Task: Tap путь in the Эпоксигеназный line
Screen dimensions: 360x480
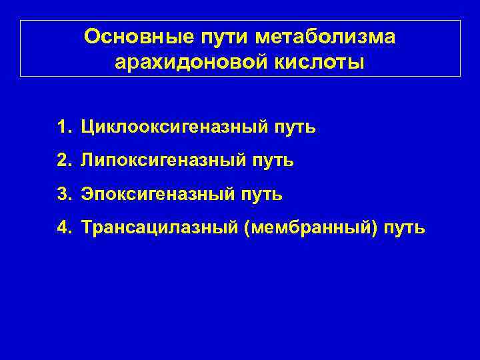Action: tap(262, 194)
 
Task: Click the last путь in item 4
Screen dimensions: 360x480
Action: tap(403, 228)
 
